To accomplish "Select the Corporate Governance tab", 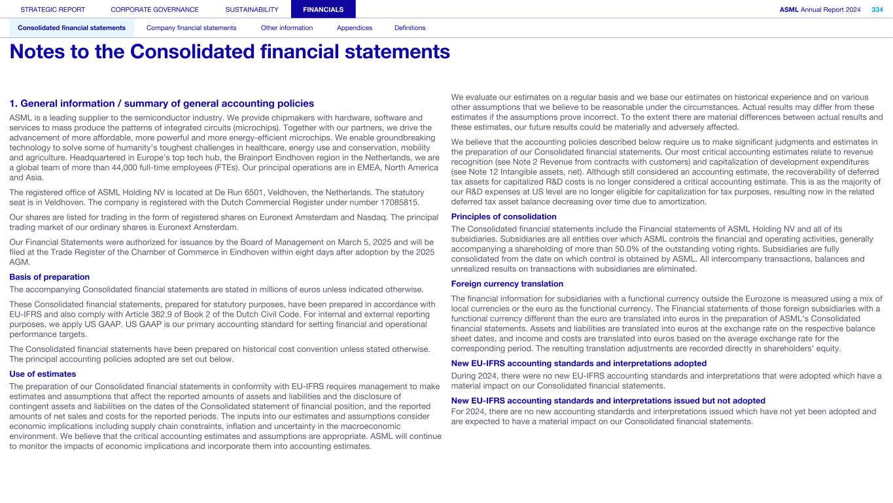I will [154, 10].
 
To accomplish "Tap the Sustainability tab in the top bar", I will [252, 10].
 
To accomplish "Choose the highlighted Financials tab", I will [323, 10].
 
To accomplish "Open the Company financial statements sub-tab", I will [191, 28].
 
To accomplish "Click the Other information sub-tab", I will [287, 28].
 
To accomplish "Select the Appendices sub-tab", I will [355, 28].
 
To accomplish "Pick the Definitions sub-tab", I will [410, 28].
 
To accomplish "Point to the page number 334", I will [877, 10].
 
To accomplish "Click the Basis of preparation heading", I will [50, 277].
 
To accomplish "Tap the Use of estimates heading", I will [43, 374].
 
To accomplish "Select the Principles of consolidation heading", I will [504, 217].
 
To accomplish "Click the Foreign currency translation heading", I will [507, 284].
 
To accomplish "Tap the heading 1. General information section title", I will [162, 103].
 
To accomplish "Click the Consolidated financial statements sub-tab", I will [72, 28].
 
